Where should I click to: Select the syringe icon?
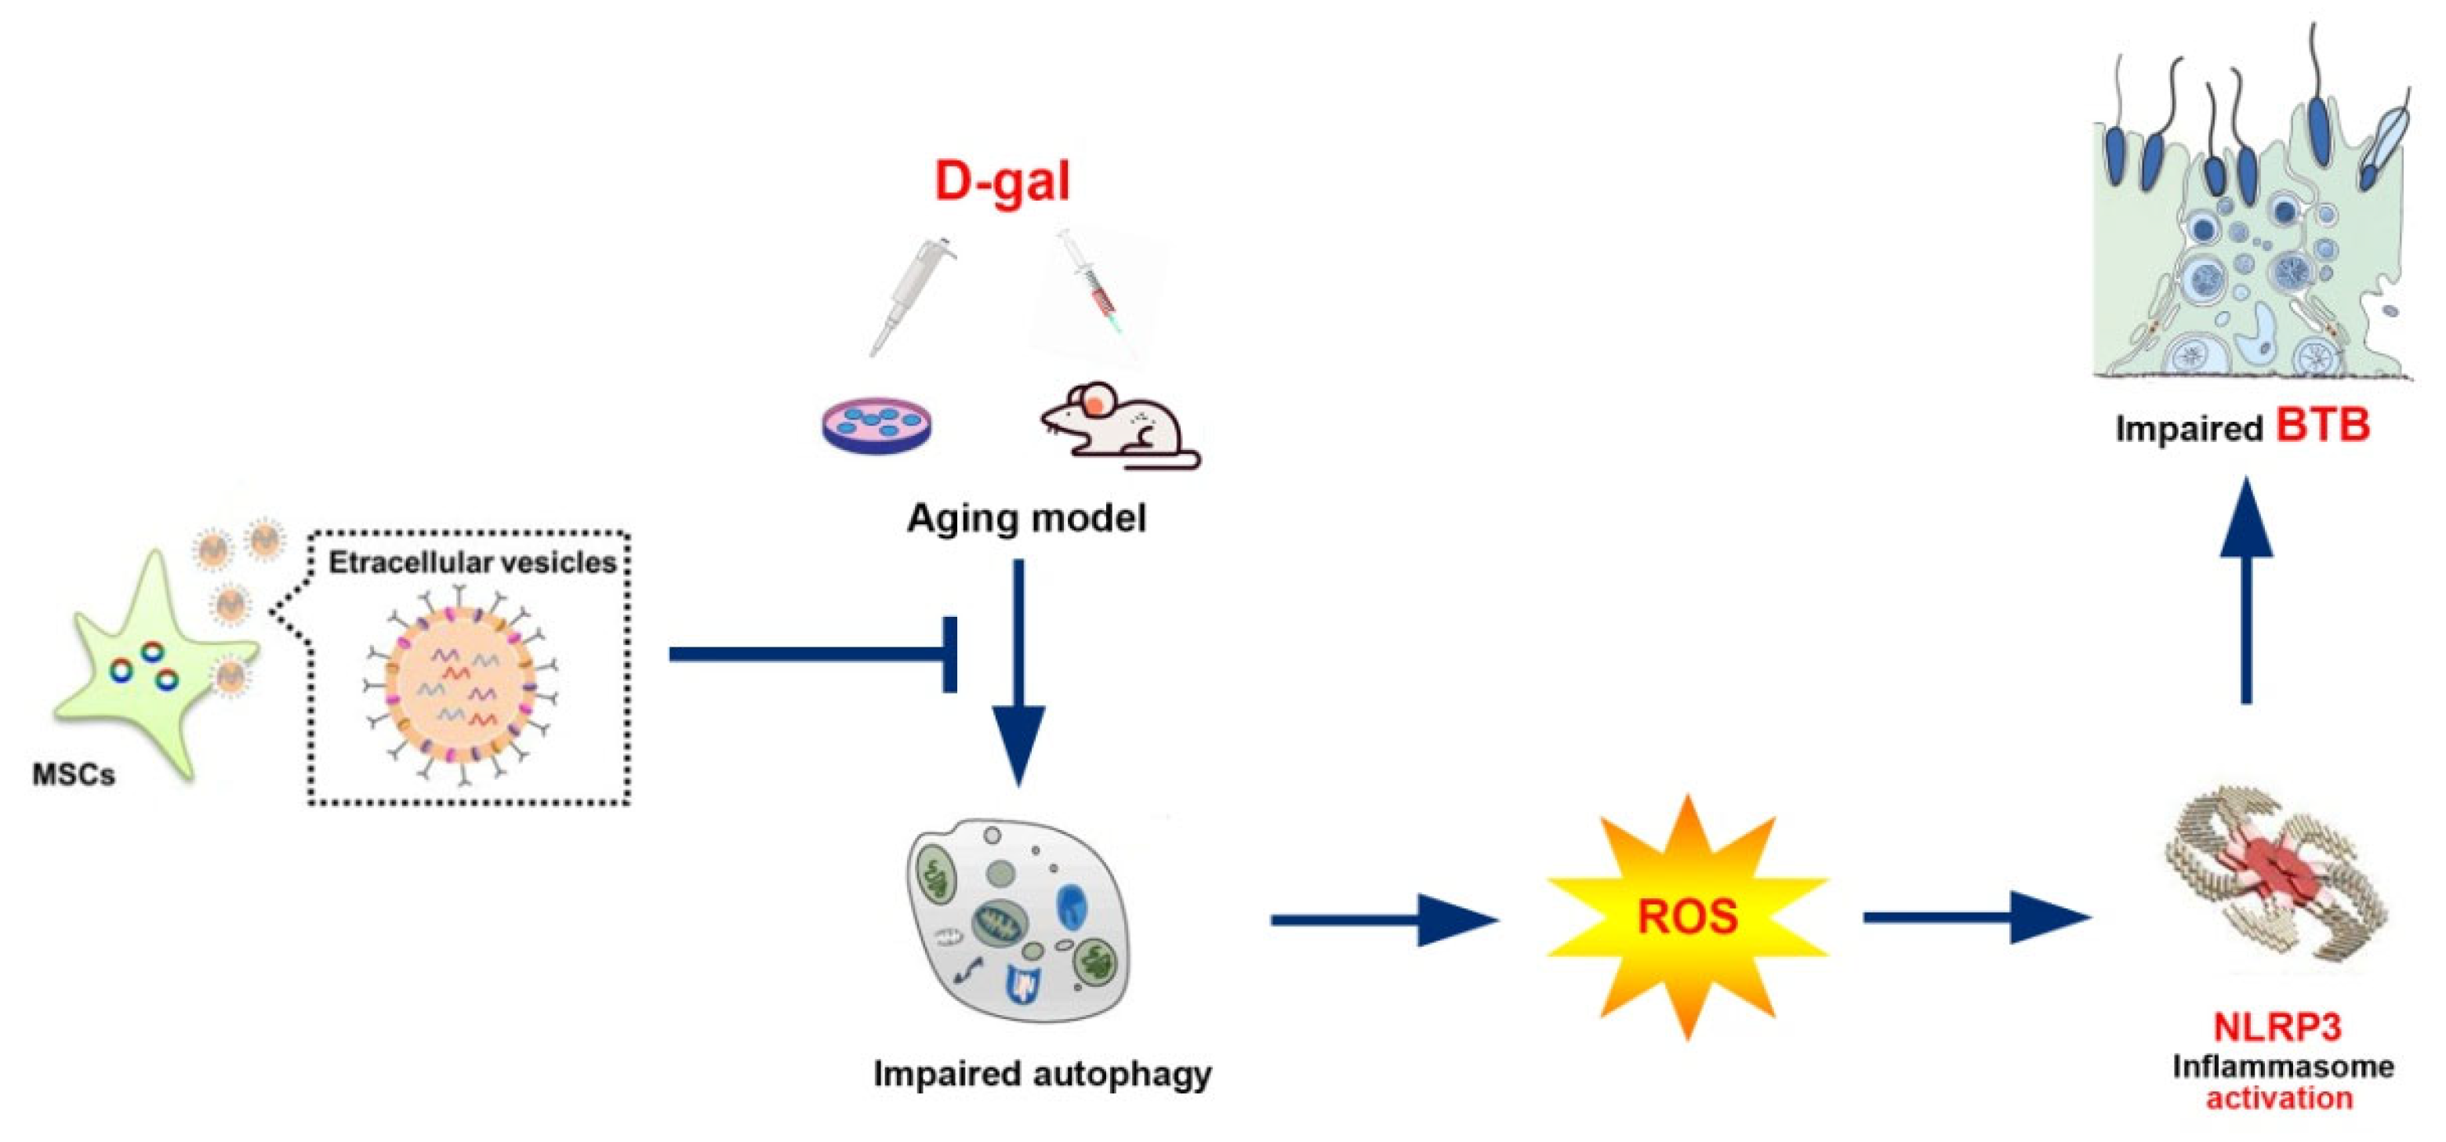[1098, 289]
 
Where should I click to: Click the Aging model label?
[1026, 518]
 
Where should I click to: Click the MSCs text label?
[74, 776]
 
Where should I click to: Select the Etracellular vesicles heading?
[472, 563]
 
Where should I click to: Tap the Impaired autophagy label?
[1042, 1074]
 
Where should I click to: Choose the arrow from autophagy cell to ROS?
[1381, 919]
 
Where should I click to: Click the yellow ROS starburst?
[1686, 917]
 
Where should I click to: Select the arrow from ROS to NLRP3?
[1975, 917]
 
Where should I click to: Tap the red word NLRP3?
[2277, 1027]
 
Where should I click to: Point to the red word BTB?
[2323, 426]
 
